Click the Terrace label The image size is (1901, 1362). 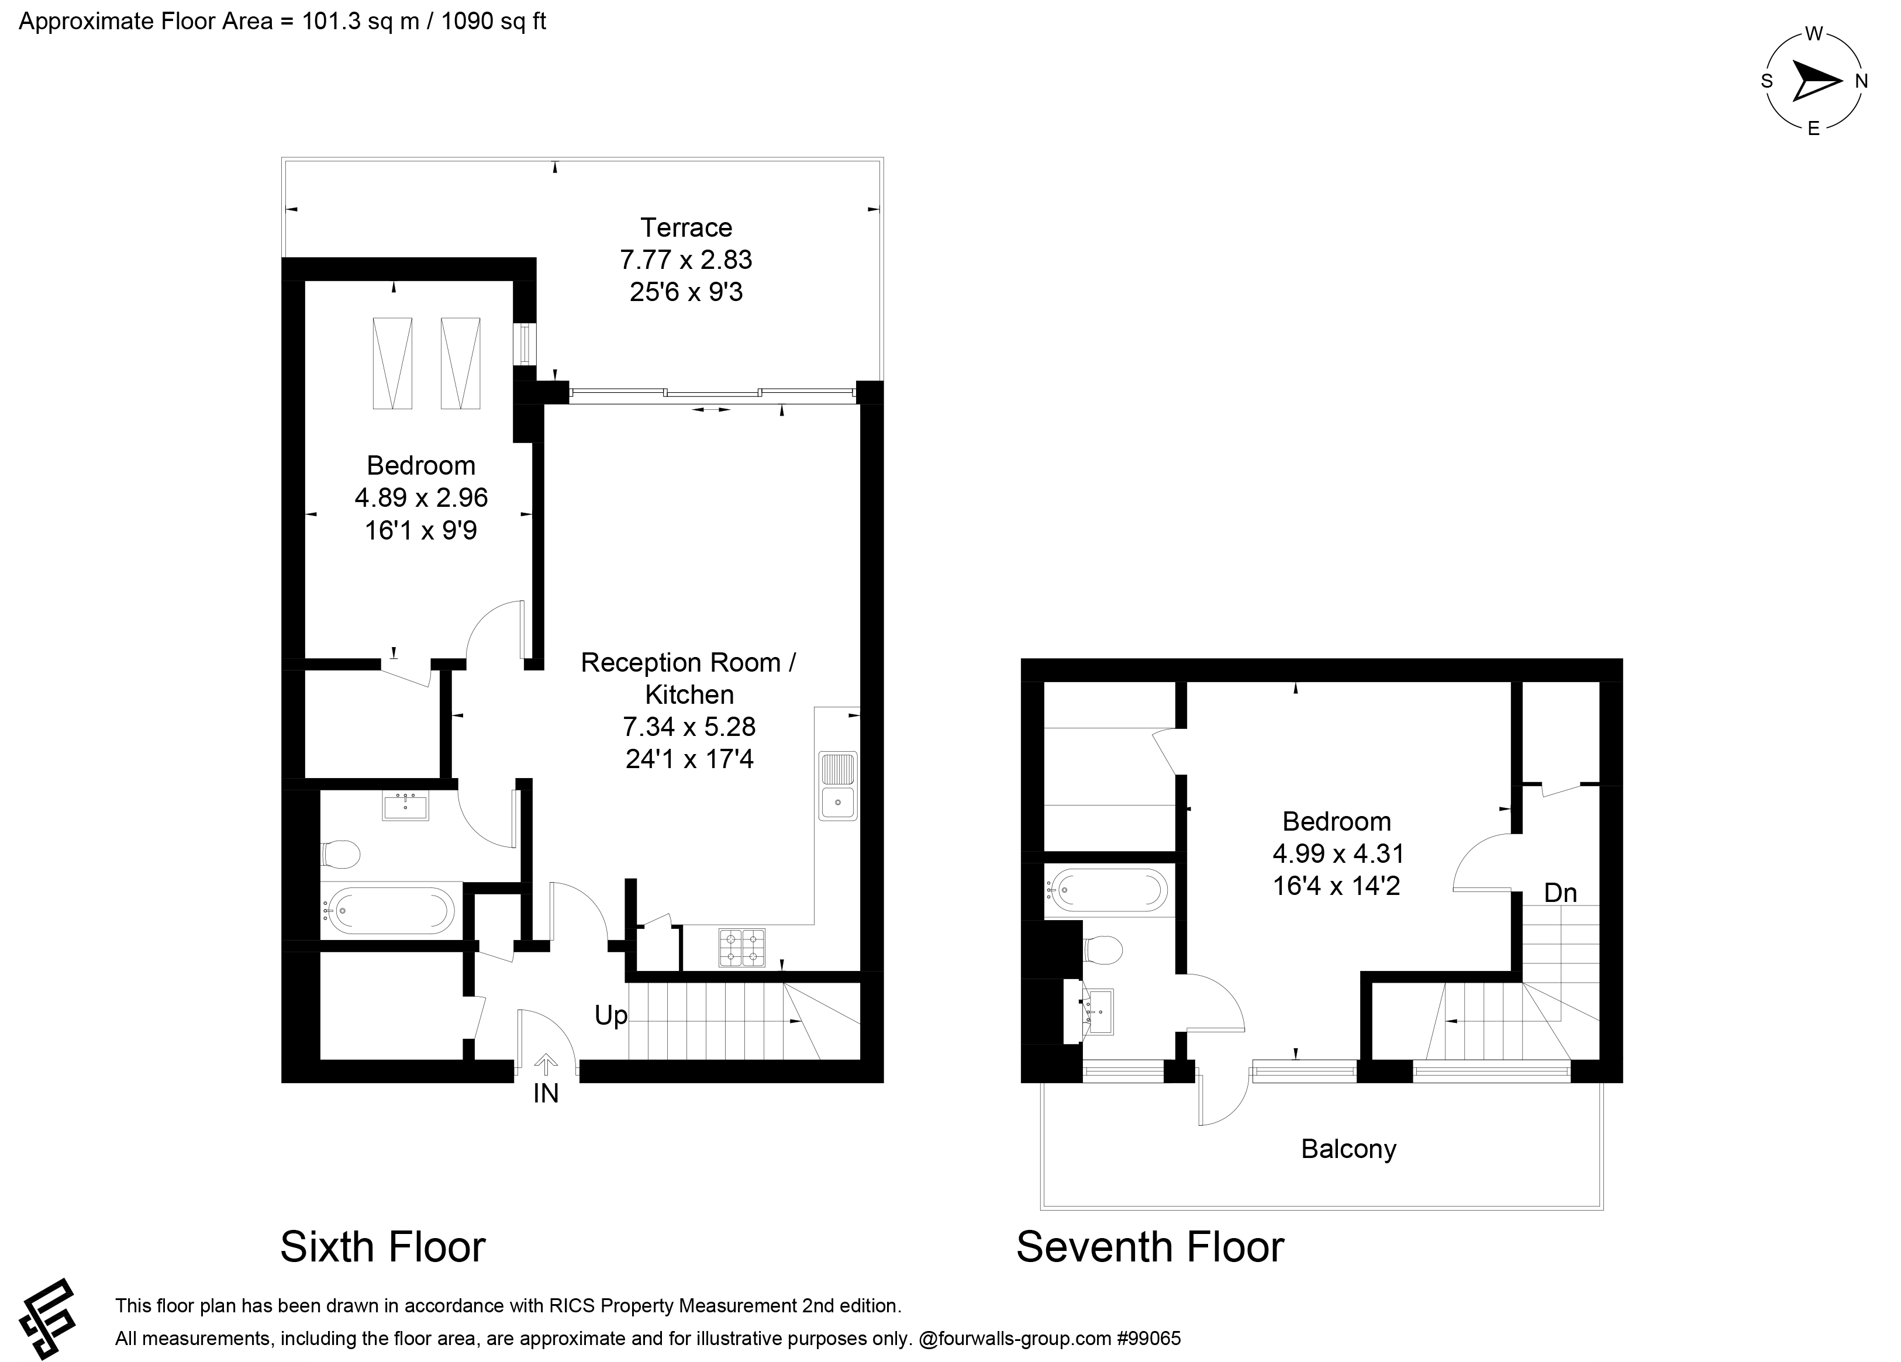[686, 228]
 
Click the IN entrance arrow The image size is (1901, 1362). [546, 1065]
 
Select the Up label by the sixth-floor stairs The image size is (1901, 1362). [610, 1016]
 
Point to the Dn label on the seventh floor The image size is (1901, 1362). [1560, 893]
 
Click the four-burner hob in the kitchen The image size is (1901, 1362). [742, 948]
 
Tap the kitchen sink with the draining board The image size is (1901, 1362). [837, 786]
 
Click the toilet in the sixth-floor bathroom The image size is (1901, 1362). [341, 854]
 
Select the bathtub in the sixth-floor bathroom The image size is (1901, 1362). [391, 911]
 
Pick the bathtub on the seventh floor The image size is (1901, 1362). [1109, 890]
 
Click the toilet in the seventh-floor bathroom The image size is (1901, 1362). [1102, 950]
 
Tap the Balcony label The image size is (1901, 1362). [1348, 1148]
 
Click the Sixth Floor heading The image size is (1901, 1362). [382, 1247]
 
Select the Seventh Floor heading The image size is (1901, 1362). [1149, 1247]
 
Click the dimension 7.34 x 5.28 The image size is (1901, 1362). [689, 727]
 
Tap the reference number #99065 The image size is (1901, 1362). [1148, 1339]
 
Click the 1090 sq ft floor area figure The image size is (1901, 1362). [493, 21]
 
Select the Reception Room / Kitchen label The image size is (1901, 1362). [688, 678]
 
